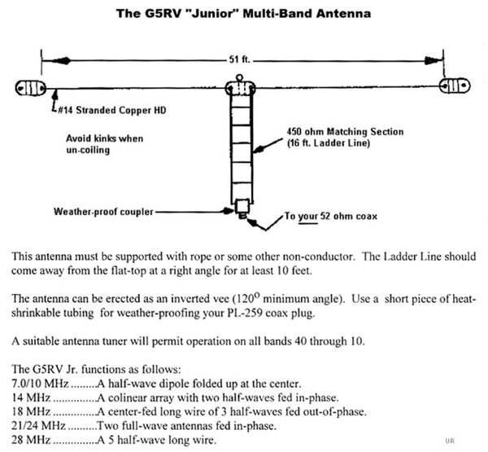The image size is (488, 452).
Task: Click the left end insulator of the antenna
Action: click(29, 87)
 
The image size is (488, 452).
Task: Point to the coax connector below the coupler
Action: click(242, 218)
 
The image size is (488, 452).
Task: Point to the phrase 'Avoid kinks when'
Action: click(104, 138)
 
